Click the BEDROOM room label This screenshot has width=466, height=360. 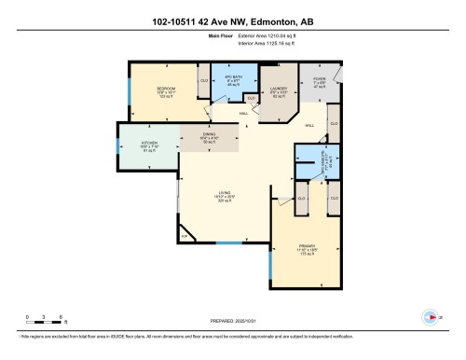point(166,88)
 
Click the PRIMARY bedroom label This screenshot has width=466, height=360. point(296,249)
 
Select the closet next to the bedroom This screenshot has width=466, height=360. point(203,81)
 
